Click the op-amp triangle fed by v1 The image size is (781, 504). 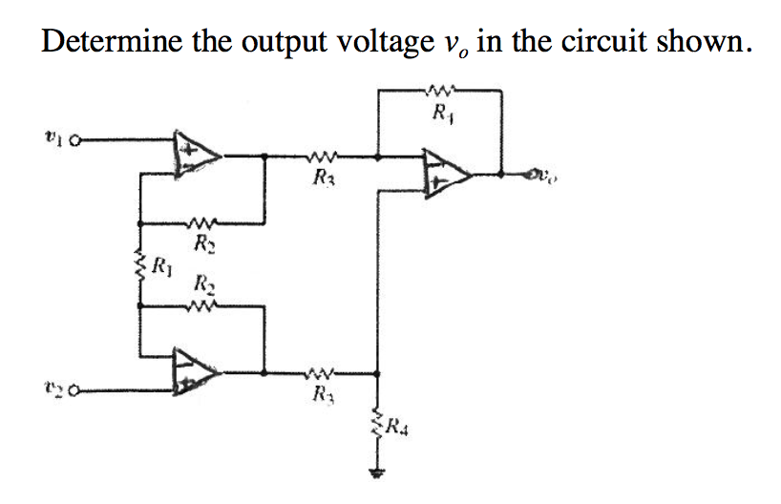coord(195,153)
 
